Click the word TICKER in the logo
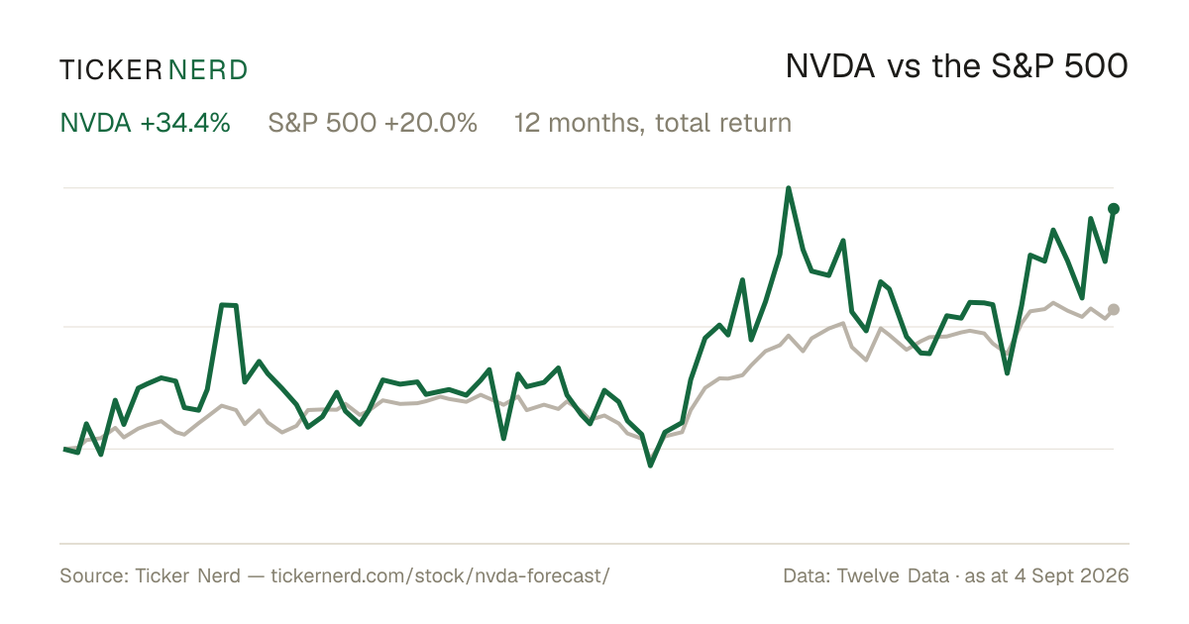[x=110, y=70]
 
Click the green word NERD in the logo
[x=208, y=70]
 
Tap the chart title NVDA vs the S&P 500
[x=956, y=67]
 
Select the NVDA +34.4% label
[x=145, y=123]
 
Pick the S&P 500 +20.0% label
[x=373, y=123]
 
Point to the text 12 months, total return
[x=652, y=124]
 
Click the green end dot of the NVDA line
[x=1114, y=209]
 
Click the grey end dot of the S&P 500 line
[x=1114, y=309]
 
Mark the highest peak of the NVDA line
[x=789, y=188]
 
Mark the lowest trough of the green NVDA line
[x=650, y=465]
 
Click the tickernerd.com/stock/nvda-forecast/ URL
[x=440, y=575]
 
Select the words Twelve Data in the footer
[x=893, y=575]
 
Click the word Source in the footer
[x=91, y=575]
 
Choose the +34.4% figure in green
[x=185, y=123]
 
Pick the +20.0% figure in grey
[x=431, y=123]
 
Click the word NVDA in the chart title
[x=829, y=67]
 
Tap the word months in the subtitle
[x=597, y=124]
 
